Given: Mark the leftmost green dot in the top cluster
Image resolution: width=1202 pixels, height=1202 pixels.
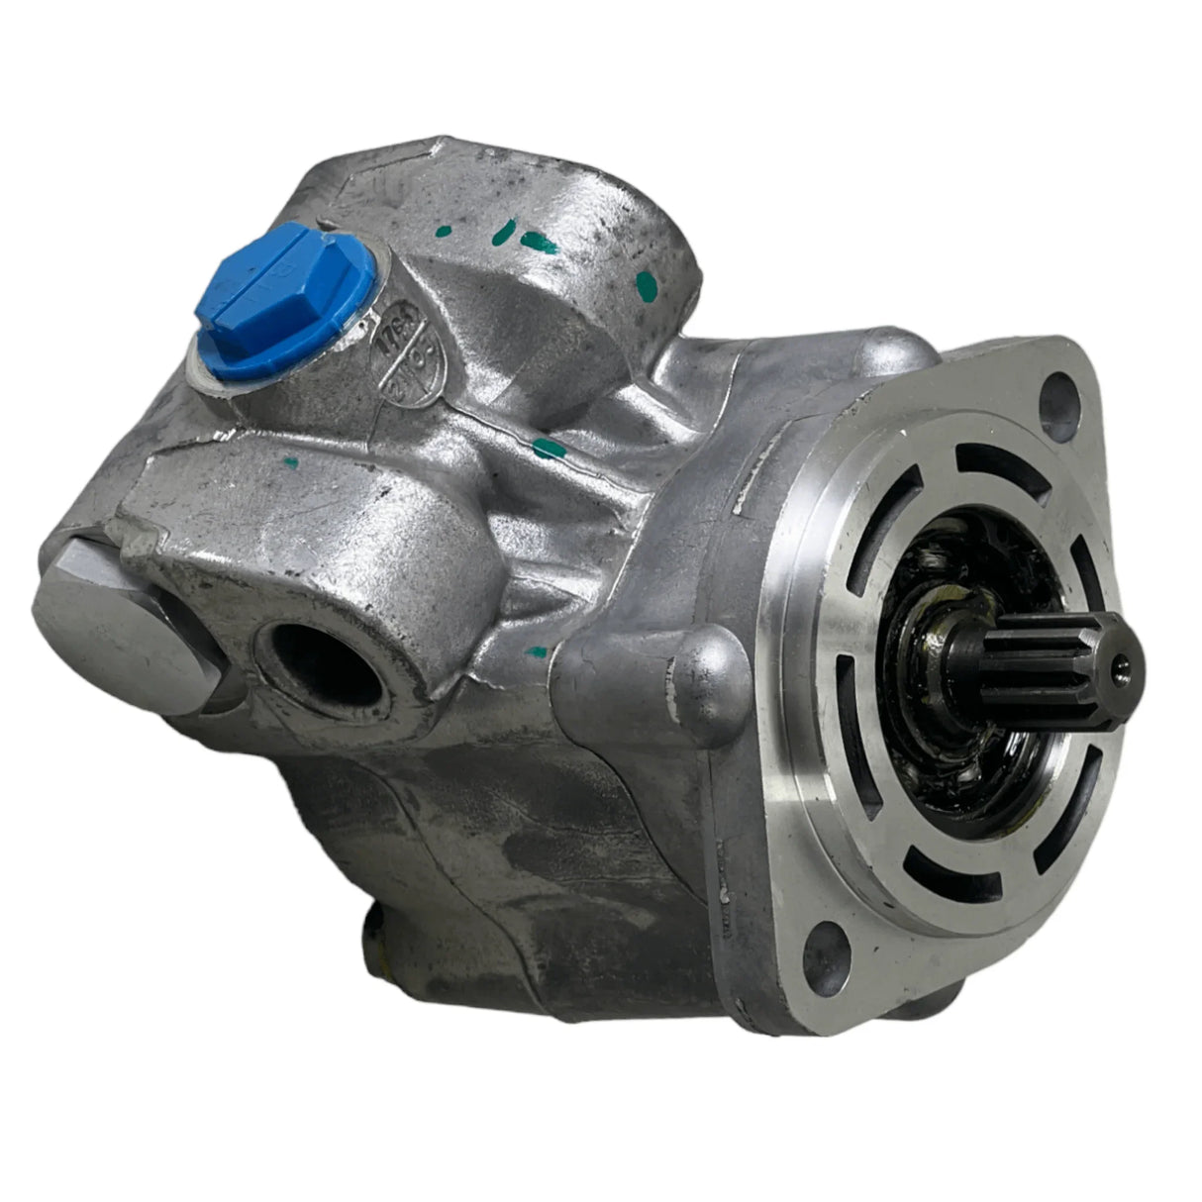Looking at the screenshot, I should (503, 234).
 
